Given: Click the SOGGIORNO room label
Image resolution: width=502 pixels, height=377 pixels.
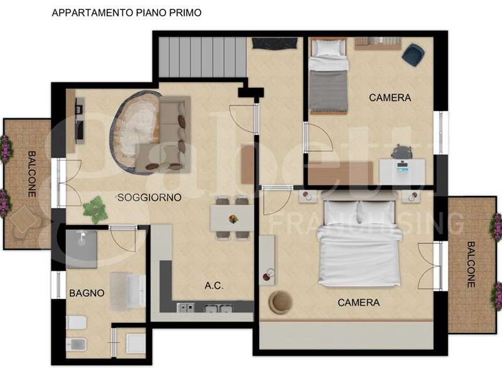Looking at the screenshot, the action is (x=149, y=197).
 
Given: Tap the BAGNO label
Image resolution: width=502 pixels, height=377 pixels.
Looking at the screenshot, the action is (x=87, y=293).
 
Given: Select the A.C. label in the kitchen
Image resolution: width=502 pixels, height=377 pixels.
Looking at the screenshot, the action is (x=214, y=285).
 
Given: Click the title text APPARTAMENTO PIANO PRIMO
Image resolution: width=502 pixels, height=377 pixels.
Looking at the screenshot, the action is (x=127, y=13).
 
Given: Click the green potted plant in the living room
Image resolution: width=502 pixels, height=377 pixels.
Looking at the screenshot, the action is (x=95, y=210).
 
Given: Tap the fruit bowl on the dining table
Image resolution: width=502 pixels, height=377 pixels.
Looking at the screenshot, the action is (x=233, y=219).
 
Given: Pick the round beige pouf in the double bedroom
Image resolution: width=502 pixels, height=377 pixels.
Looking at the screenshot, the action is (x=280, y=302).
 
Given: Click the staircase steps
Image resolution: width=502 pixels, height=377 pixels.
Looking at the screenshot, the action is (x=202, y=57).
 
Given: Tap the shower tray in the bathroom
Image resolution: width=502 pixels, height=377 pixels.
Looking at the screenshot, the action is (x=82, y=249).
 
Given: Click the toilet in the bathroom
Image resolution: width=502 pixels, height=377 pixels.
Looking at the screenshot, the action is (x=76, y=322).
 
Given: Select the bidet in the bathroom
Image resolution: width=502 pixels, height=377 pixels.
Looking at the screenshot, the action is (x=75, y=344).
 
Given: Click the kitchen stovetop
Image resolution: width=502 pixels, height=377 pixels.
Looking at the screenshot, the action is (x=186, y=308).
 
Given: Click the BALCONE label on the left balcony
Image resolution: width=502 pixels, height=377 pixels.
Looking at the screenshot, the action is (x=31, y=174).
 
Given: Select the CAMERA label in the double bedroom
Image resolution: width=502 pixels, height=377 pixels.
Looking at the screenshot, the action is (x=358, y=303).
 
